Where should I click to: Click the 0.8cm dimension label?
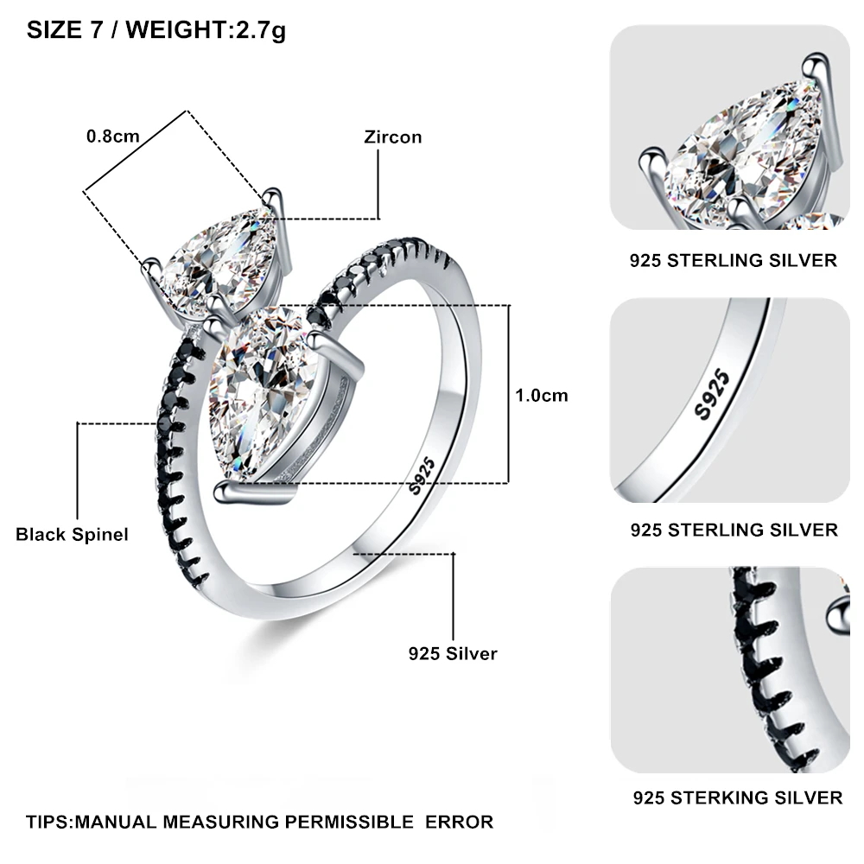click(x=113, y=136)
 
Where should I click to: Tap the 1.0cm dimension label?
click(x=541, y=395)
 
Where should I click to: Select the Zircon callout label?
click(x=393, y=137)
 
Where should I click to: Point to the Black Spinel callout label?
click(x=72, y=534)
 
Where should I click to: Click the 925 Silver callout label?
click(x=453, y=653)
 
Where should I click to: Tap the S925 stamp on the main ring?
click(x=422, y=476)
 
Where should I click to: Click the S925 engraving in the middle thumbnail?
click(x=712, y=394)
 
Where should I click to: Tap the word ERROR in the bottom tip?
click(x=459, y=822)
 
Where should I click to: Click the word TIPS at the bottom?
click(x=48, y=822)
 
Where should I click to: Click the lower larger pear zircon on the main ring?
click(x=263, y=391)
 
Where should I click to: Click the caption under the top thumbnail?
click(x=734, y=260)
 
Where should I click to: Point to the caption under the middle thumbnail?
click(x=734, y=530)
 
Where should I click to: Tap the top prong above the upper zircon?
click(x=272, y=199)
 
